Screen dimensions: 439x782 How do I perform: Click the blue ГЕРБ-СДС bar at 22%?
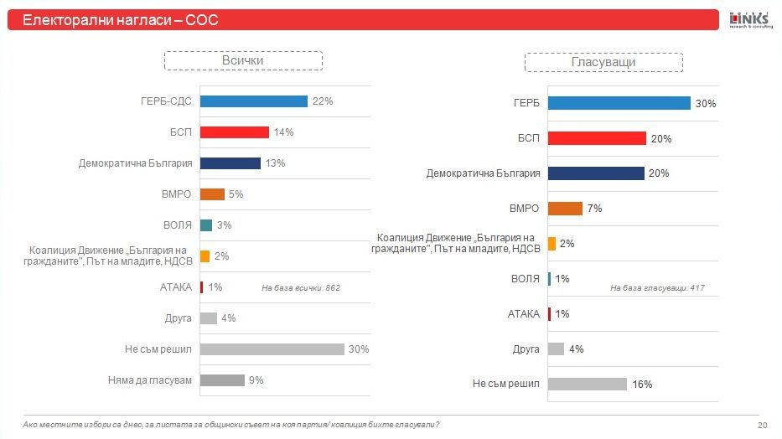[x=253, y=101]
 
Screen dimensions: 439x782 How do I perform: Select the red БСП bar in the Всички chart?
[x=235, y=132]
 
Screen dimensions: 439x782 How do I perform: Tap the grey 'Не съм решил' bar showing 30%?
[x=272, y=349]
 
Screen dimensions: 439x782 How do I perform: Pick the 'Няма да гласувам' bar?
[x=222, y=380]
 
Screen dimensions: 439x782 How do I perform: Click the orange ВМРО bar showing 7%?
[x=565, y=209]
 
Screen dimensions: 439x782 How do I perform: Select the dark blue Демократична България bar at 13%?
[x=230, y=163]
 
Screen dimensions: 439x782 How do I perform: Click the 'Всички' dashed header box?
[x=243, y=61]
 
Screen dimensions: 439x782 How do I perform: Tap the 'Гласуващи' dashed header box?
[x=603, y=62]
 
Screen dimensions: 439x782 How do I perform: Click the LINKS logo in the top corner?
[x=750, y=19]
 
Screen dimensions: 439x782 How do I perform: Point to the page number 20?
[x=762, y=426]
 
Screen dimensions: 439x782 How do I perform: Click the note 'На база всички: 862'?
[x=300, y=288]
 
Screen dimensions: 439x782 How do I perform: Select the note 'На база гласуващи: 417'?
[x=657, y=288]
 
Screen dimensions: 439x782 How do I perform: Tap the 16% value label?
[x=643, y=385]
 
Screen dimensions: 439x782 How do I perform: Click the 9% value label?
[x=256, y=380]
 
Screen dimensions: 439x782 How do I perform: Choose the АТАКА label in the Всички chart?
[x=176, y=287]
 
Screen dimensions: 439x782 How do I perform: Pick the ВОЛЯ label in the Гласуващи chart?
[x=525, y=279]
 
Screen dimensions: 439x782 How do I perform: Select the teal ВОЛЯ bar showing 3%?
[x=206, y=225]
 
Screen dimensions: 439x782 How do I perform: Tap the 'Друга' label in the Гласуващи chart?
[x=526, y=349]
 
